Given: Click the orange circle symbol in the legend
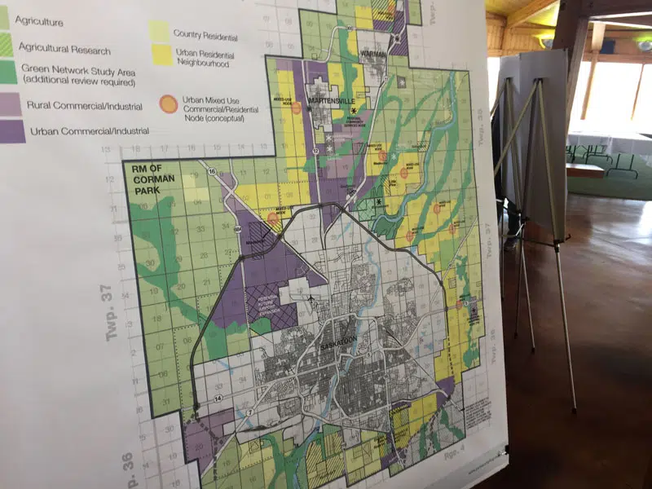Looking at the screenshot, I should click(x=168, y=104).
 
